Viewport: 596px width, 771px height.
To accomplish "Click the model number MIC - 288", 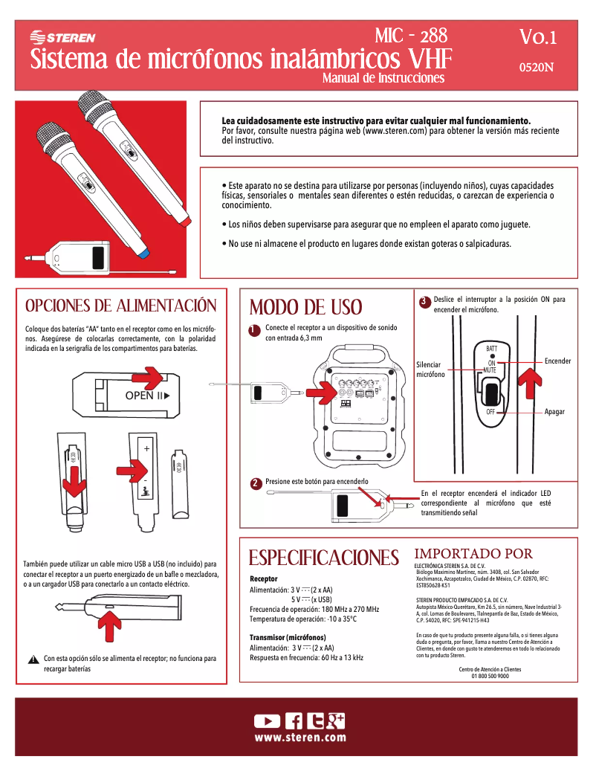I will (411, 35).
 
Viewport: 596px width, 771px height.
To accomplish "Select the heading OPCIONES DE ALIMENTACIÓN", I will (121, 306).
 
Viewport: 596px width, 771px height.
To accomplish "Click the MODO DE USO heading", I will (305, 307).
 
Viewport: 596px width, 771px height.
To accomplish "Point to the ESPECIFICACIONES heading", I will (323, 558).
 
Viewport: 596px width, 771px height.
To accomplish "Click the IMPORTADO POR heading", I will (473, 554).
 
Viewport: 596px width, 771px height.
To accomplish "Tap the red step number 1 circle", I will (253, 330).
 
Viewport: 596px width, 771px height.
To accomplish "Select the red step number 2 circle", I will (254, 484).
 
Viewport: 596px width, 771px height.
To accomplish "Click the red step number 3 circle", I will (423, 302).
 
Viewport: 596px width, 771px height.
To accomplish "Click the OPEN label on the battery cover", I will (140, 396).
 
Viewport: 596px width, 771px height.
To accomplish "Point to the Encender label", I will (557, 361).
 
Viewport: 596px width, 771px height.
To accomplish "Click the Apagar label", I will (554, 412).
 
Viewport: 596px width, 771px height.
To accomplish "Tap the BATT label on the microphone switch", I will (491, 349).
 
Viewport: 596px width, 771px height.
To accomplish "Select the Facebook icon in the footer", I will (294, 720).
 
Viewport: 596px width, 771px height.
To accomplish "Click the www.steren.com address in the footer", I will (300, 738).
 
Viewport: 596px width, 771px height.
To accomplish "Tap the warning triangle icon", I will (33, 659).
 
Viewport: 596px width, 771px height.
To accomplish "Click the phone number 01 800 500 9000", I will (490, 677).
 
